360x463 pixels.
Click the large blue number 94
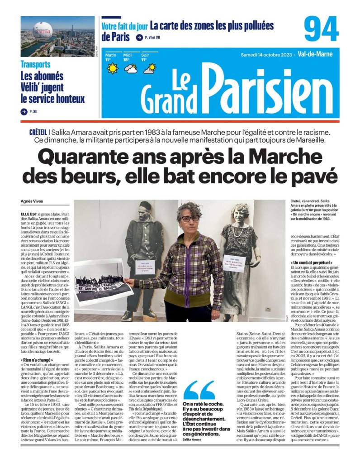tap(322, 29)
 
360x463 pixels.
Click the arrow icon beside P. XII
tap(24, 111)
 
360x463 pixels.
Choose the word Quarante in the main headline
tap(88, 158)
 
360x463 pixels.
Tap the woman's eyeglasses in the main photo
tap(190, 218)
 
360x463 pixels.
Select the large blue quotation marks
tap(199, 389)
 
